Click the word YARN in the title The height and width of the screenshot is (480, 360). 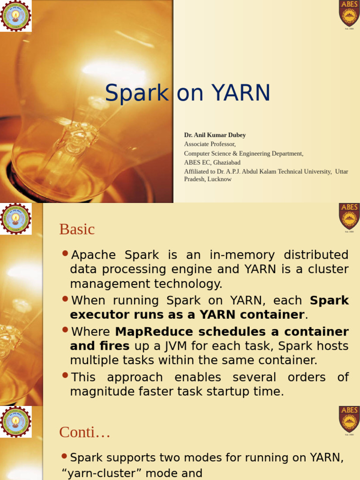241,93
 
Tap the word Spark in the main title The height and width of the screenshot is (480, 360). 136,93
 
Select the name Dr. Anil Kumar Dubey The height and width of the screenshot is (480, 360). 215,135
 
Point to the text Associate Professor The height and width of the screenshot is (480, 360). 210,144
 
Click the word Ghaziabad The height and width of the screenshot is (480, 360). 226,162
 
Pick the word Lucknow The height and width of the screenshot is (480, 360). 219,179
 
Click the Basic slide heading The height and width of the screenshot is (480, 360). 77,229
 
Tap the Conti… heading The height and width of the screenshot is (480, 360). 84,432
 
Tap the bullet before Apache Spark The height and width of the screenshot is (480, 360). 65,254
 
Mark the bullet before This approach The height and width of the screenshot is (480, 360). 65,376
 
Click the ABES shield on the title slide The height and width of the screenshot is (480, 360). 349,13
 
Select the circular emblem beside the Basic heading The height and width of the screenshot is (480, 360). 16,218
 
